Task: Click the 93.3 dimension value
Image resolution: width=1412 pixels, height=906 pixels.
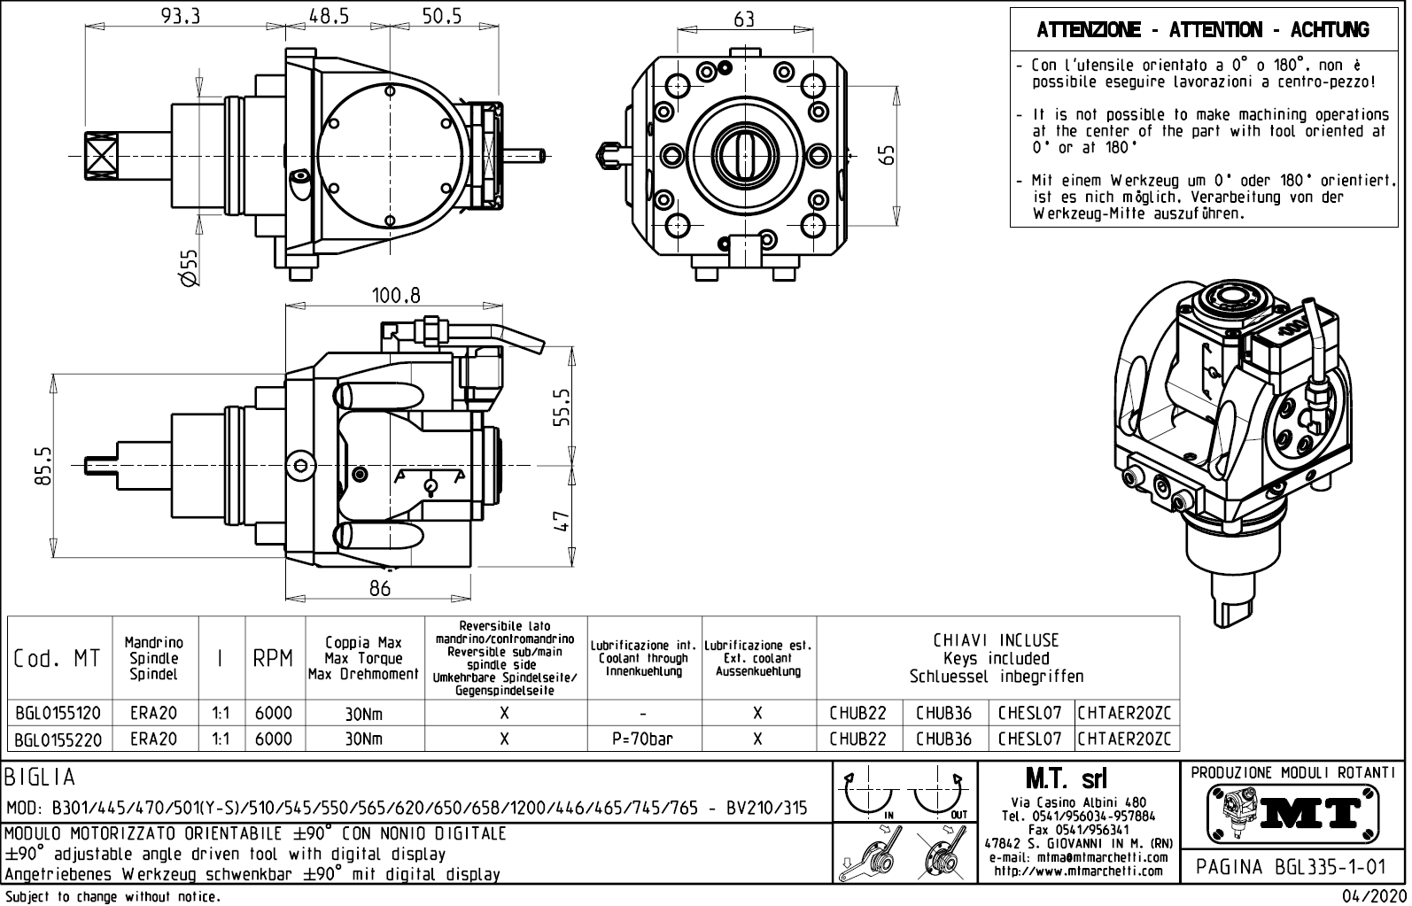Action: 180,15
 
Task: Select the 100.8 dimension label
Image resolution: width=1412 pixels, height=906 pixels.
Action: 396,295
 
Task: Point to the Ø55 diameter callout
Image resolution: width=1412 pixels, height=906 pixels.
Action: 189,267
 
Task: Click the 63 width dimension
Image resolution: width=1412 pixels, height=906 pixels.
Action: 744,18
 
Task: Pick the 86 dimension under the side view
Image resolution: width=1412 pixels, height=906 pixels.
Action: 379,588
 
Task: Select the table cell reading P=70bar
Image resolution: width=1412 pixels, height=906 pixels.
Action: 643,739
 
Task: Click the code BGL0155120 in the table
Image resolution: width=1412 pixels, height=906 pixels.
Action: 58,713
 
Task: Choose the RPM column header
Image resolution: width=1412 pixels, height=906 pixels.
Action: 273,659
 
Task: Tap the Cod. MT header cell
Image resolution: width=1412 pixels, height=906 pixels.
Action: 58,659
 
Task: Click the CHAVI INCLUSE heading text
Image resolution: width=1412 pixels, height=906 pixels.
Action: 997,640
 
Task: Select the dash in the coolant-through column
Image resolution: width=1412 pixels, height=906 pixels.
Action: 643,713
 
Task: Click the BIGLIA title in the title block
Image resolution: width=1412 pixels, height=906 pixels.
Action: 41,778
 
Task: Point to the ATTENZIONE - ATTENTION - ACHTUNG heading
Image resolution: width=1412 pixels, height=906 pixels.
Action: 1202,30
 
